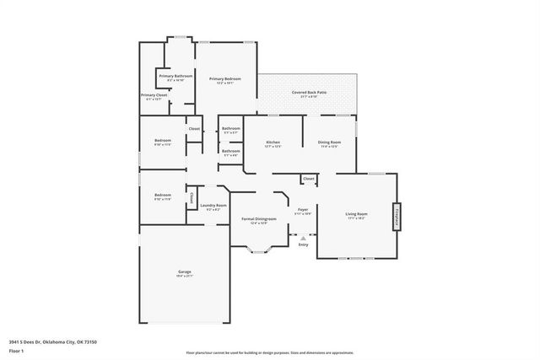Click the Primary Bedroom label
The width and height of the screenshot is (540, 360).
(226, 78)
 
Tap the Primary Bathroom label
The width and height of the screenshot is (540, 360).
(175, 76)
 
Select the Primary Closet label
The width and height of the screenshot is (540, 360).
(154, 95)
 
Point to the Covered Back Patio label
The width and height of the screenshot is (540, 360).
(309, 92)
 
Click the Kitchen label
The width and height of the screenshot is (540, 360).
(273, 142)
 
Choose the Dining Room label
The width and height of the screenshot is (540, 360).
(329, 142)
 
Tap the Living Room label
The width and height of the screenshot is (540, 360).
(356, 214)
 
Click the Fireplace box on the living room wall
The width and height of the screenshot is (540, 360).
(394, 216)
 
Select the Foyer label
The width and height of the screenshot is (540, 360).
(303, 209)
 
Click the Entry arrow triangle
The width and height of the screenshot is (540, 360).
(303, 238)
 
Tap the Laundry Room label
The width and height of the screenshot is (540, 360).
(213, 206)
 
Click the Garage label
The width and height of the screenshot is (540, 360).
(184, 271)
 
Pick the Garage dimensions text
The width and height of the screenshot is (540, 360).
(184, 277)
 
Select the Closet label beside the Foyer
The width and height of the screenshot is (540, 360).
(309, 179)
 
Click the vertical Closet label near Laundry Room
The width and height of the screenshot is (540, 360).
(192, 198)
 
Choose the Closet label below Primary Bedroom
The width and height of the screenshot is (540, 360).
(194, 128)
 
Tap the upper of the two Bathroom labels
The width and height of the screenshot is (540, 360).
(230, 128)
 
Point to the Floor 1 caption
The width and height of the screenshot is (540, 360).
(16, 350)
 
